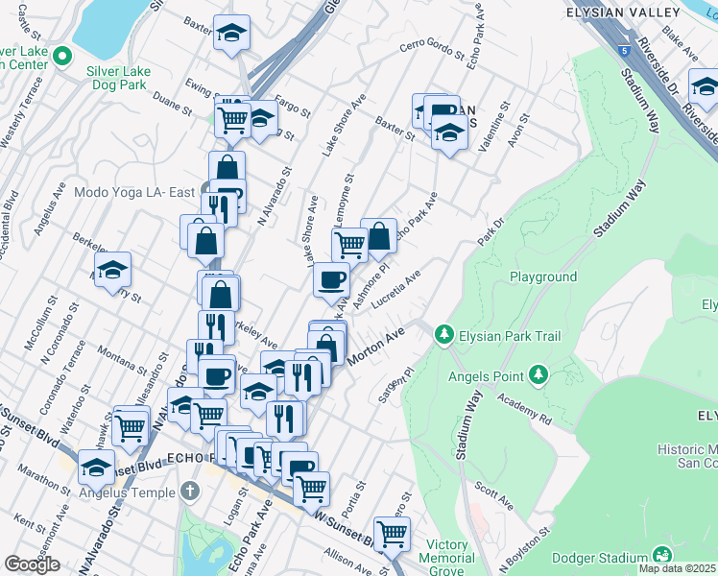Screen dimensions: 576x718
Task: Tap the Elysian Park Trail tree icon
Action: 443,335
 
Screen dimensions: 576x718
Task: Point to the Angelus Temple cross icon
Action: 190,492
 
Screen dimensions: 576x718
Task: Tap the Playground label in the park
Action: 543,276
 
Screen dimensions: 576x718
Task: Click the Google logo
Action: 32,564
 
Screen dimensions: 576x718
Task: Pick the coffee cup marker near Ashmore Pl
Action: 332,279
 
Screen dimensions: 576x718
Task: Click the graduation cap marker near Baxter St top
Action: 231,34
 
